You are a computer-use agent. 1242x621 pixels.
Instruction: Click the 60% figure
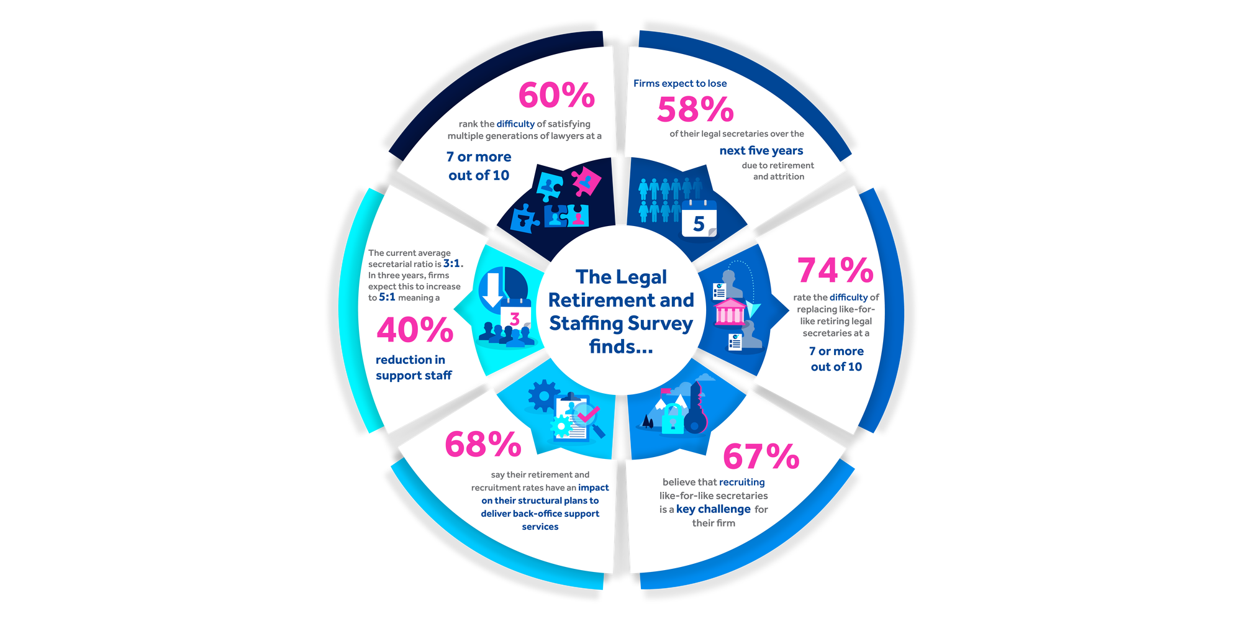point(556,95)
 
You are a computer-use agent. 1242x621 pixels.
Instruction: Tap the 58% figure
point(695,110)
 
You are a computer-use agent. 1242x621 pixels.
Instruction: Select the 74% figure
point(835,270)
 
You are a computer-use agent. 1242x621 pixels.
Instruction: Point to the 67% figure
point(761,457)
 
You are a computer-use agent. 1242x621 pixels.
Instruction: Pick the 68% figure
point(483,445)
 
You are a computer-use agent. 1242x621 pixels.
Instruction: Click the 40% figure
point(415,330)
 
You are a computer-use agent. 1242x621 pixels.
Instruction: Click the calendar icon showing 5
point(699,219)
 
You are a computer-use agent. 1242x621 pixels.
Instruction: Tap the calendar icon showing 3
point(515,316)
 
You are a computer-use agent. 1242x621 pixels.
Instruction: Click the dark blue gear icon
point(543,396)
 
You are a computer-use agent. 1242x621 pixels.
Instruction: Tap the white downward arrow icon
point(493,289)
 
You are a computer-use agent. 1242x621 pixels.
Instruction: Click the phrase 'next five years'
point(761,150)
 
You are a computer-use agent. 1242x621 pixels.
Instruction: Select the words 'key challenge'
point(713,509)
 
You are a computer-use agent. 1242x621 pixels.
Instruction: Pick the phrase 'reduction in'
point(410,360)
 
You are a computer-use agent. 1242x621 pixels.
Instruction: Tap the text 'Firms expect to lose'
point(679,83)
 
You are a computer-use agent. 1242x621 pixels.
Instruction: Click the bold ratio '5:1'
point(387,297)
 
